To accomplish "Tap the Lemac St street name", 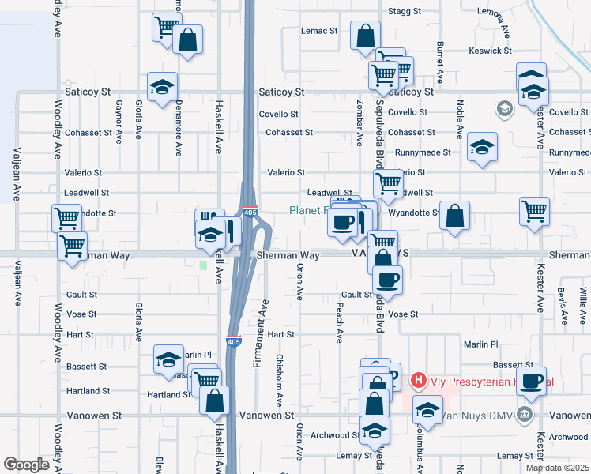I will pos(319,31).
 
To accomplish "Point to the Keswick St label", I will pos(490,51).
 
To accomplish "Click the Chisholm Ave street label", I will pos(278,372).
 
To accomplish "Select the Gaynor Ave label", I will pos(119,121).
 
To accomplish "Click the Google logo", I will pos(26,465).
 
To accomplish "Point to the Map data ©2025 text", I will pos(557,468).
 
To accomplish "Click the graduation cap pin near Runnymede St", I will pos(482,146).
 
